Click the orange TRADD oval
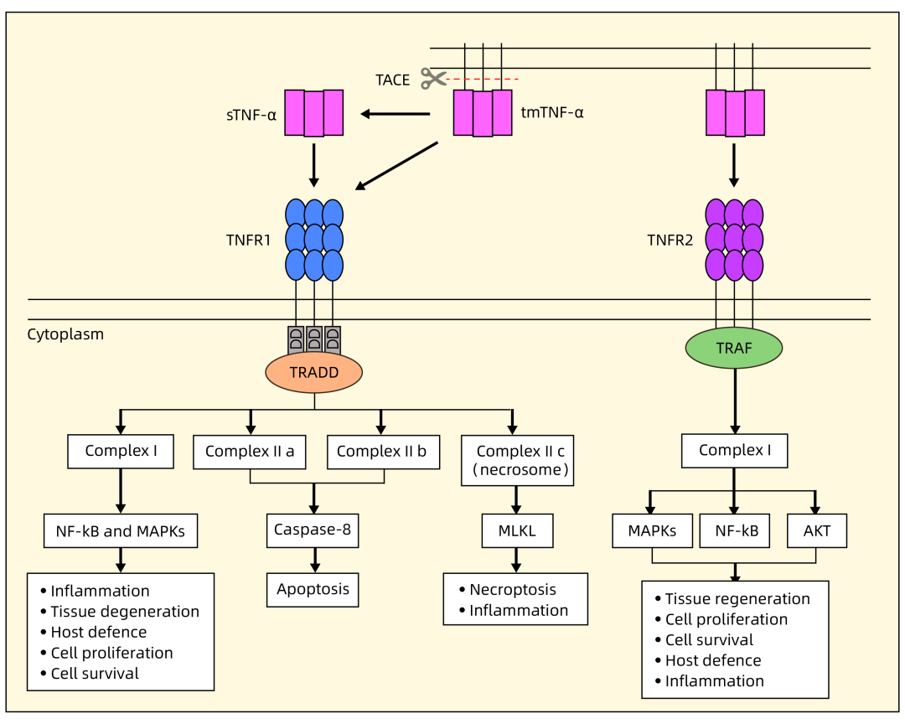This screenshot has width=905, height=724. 313,373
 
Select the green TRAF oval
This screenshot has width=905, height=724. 734,348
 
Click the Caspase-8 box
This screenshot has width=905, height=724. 313,530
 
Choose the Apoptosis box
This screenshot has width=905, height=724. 313,589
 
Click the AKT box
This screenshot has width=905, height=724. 817,530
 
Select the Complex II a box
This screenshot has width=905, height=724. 250,451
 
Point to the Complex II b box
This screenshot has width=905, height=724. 381,451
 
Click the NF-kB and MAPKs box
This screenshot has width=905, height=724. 121,530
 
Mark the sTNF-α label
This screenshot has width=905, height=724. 251,114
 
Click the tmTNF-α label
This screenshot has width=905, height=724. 552,111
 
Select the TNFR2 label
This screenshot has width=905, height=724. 670,240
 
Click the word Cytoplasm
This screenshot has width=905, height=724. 65,334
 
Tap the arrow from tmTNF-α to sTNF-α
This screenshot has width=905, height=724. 395,114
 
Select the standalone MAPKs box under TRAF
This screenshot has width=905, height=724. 653,530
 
